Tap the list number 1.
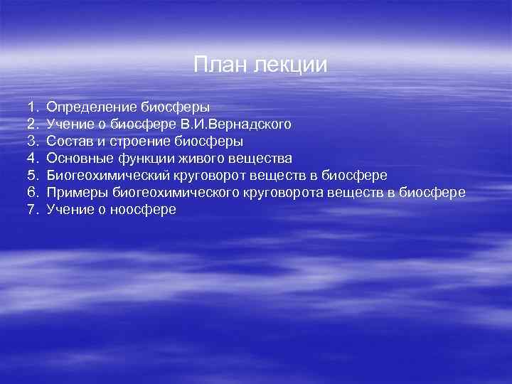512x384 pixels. tap(32, 107)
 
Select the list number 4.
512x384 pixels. tap(32, 158)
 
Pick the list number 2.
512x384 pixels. tap(32, 124)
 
